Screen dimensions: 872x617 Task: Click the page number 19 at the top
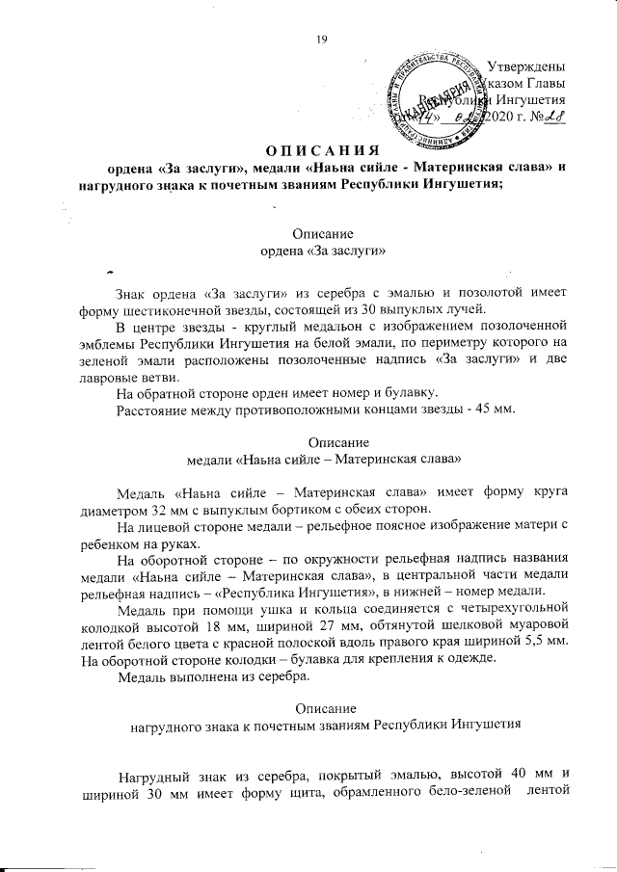(x=323, y=39)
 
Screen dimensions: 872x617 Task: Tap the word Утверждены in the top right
(x=525, y=66)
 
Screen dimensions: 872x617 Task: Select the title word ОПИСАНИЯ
(x=322, y=150)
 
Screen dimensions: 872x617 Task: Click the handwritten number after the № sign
(x=552, y=117)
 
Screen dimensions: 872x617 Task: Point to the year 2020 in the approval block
(x=509, y=117)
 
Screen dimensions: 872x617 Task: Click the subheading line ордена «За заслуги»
(x=324, y=251)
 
